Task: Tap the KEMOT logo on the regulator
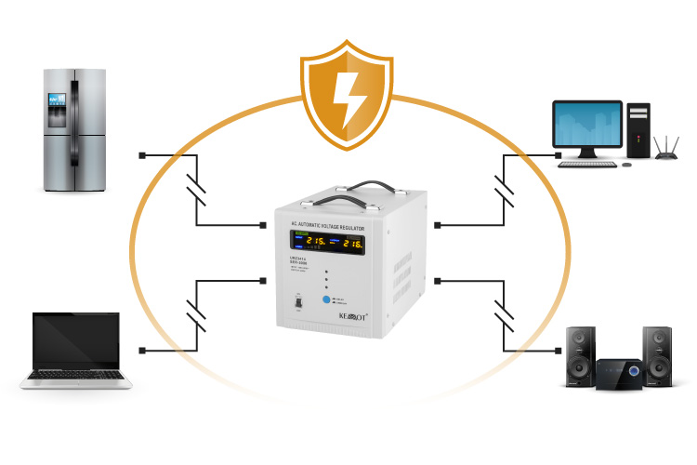tap(348, 317)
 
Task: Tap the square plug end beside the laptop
tap(142, 350)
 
